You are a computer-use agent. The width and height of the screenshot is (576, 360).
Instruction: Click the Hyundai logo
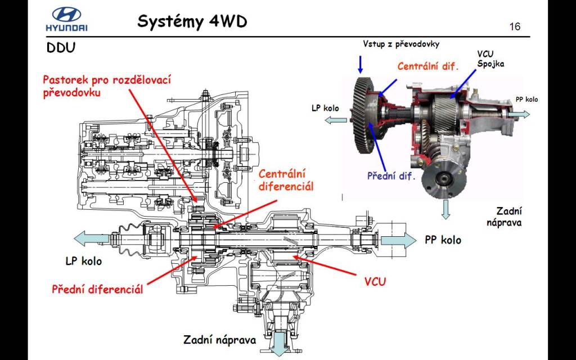(x=66, y=20)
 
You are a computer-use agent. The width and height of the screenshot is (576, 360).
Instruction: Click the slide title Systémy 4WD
(x=192, y=21)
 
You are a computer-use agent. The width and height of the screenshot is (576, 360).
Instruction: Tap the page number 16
(x=515, y=26)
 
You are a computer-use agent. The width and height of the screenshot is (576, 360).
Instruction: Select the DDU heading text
(x=61, y=48)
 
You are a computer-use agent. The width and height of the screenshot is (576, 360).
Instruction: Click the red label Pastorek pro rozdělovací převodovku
(x=106, y=85)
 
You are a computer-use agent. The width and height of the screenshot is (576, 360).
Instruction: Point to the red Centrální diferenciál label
(x=286, y=180)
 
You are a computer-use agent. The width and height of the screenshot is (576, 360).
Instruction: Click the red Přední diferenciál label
(x=97, y=290)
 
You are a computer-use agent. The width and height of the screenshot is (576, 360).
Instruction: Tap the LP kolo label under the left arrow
(x=84, y=261)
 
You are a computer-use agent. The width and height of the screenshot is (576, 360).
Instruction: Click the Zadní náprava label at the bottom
(x=219, y=340)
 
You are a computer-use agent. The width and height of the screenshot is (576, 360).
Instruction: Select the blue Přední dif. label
(x=391, y=176)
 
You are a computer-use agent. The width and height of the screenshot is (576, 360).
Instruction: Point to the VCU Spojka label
(x=490, y=59)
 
